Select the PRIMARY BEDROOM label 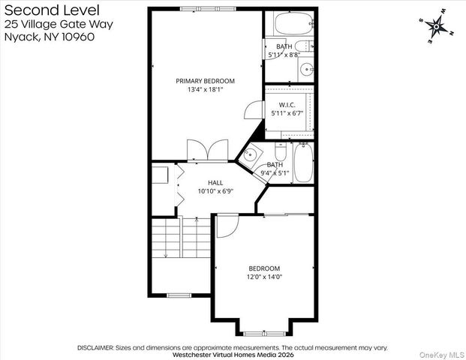(205, 81)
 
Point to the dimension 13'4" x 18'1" (205, 90)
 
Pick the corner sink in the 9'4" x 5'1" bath (251, 156)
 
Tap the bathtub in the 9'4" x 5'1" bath (303, 163)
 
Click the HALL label (215, 182)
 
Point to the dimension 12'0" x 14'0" (264, 277)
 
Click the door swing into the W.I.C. (251, 110)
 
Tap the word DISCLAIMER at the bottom (95, 348)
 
